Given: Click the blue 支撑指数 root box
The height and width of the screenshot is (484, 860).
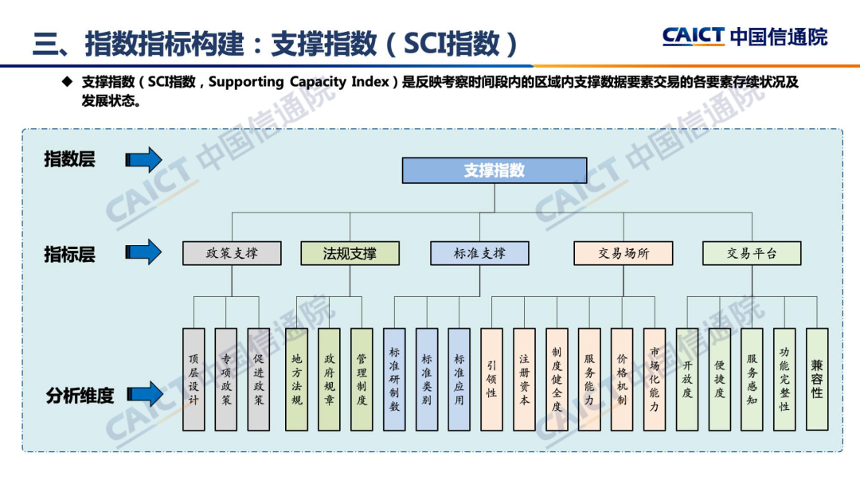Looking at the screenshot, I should coord(494,170).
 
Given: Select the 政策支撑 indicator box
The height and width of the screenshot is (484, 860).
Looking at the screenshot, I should coord(232,253).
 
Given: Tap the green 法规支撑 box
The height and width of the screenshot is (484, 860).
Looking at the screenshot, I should coord(350,253).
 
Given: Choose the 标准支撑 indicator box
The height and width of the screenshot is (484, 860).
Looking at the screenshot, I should coord(479,253).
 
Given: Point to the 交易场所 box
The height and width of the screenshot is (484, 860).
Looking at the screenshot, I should coord(623,253).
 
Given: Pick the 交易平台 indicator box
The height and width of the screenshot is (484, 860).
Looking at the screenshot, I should coord(751,253).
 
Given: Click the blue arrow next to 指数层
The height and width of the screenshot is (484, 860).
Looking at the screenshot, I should coord(143,160).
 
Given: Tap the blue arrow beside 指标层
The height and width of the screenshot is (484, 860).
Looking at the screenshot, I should coord(143,252).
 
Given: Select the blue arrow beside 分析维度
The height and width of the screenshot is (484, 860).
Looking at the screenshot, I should coord(143,393).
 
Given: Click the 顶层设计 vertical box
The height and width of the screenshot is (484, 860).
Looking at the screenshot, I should coord(193,379).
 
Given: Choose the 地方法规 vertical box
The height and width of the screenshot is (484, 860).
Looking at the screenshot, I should coord(297,379).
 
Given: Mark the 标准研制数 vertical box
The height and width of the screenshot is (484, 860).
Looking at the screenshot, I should coord(394,379).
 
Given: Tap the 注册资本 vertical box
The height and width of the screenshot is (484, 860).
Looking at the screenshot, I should coord(524,379).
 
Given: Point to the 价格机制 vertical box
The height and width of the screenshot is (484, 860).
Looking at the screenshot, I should coord(622,379).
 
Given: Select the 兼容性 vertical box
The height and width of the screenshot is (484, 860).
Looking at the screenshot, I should coord(817,379).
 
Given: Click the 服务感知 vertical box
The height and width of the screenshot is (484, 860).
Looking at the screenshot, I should coord(752,379).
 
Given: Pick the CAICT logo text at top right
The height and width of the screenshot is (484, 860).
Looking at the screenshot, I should coord(693,36).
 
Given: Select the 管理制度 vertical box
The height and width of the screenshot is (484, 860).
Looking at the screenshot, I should coord(362,379).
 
